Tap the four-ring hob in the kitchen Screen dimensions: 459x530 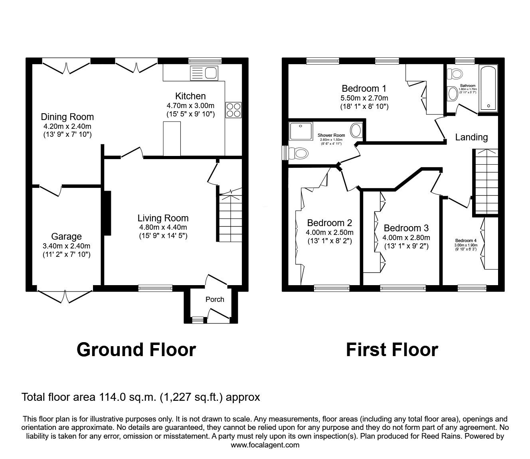coord(233,110)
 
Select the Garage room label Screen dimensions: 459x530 coord(66,236)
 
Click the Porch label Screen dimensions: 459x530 coord(215,299)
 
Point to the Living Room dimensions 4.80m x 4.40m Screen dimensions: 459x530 coord(163,227)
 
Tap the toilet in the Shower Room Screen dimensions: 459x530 coord(299,153)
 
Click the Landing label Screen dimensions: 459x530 coord(471,137)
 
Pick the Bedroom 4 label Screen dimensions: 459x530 coord(466,240)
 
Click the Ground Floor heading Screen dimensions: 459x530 coord(136,349)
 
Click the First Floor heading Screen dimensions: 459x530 coord(392,350)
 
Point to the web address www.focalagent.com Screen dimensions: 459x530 coord(265,445)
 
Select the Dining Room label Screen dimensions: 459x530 coord(67,117)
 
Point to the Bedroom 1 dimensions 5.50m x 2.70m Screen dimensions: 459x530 coord(364,98)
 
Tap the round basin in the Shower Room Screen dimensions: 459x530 coord(356,130)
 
